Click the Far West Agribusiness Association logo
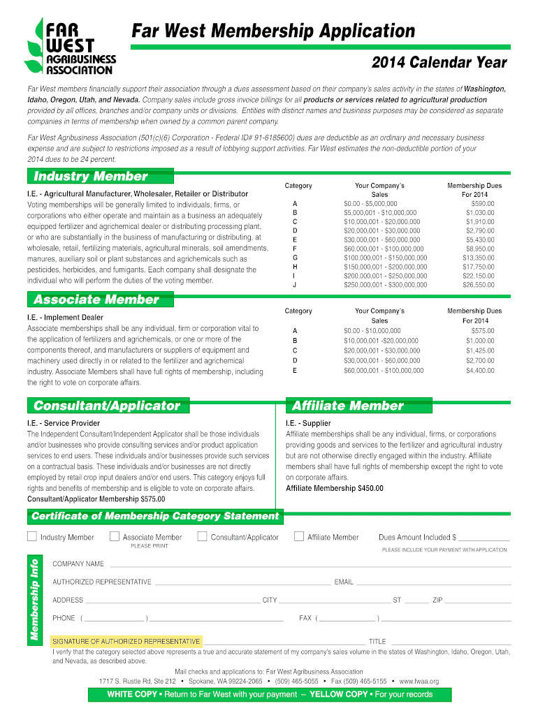pos(69,46)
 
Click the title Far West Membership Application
pos(274,31)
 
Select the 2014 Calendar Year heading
pos(439,63)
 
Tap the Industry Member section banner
pos(91,176)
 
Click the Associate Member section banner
pos(96,300)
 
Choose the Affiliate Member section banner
pos(347,406)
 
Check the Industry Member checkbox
pos(31,536)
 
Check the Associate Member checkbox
pos(114,536)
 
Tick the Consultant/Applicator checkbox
pos(202,536)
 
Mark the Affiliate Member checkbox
pos(299,536)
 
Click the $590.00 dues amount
pos(482,204)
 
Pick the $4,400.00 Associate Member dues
pos(480,371)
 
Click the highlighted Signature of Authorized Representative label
pos(126,641)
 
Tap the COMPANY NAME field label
pos(78,563)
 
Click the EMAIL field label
pos(344,582)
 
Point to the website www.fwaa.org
pos(419,681)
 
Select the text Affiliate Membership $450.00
pos(334,488)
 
